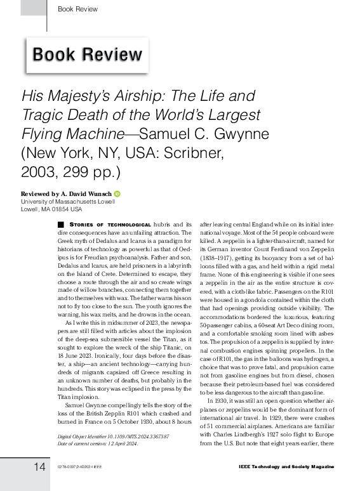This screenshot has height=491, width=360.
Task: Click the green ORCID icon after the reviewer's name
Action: [117, 193]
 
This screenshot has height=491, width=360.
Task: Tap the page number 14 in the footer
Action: [39, 467]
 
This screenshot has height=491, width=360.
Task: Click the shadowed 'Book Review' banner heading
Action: [87, 55]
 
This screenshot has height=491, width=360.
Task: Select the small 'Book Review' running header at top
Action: [77, 9]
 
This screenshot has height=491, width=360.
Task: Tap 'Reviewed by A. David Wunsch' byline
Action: [67, 193]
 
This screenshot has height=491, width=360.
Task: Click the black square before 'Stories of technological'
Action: [61, 225]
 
